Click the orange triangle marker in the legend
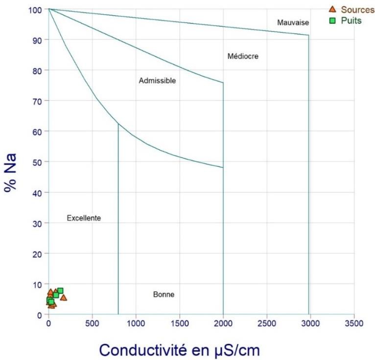click(x=332, y=9)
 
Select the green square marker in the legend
click(x=332, y=21)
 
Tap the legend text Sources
click(x=357, y=9)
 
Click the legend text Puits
click(x=351, y=22)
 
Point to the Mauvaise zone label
click(x=293, y=22)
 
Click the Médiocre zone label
click(x=243, y=56)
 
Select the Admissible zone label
click(x=157, y=81)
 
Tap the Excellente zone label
click(x=84, y=218)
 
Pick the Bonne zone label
click(x=164, y=294)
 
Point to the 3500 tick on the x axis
click(x=354, y=323)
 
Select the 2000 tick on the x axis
click(x=223, y=323)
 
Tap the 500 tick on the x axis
click(x=92, y=323)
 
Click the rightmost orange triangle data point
click(x=63, y=297)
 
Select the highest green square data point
click(x=60, y=291)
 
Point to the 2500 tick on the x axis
click(x=267, y=323)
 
